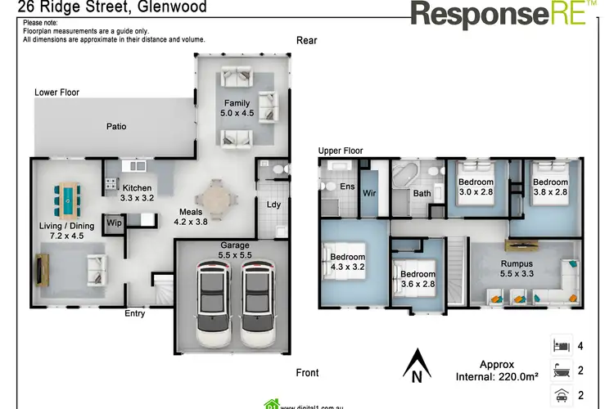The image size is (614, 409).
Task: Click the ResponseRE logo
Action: click(x=499, y=14)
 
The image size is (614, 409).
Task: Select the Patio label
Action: click(x=116, y=127)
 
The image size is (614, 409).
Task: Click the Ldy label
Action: click(x=273, y=205)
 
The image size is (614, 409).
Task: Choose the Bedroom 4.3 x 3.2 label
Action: click(x=346, y=261)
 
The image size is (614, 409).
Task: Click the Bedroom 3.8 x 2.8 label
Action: click(x=550, y=187)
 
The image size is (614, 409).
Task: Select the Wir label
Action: click(x=369, y=194)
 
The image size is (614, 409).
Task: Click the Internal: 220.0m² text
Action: click(x=495, y=378)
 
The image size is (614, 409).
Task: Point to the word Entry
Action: click(x=135, y=313)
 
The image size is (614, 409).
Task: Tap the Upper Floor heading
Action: click(x=341, y=151)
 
